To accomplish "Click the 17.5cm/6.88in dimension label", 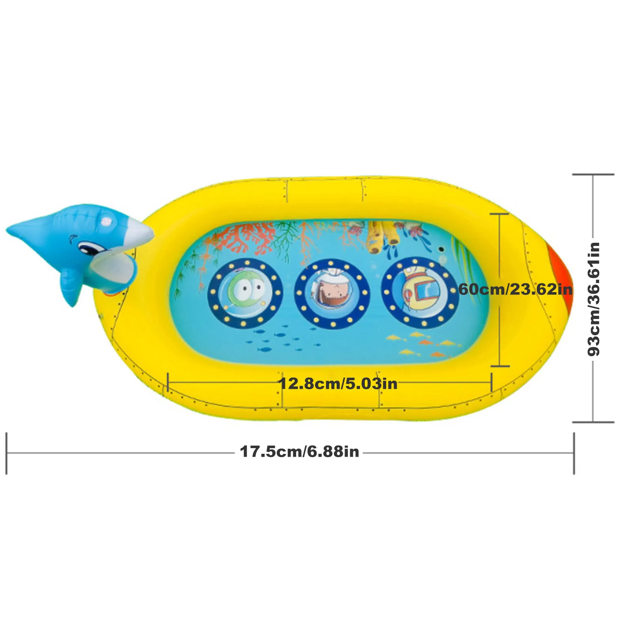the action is pyautogui.click(x=300, y=452).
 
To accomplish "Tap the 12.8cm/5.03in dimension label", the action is pyautogui.click(x=338, y=383).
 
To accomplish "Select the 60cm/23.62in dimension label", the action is pyautogui.click(x=515, y=289).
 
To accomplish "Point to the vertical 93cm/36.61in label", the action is pyautogui.click(x=594, y=299).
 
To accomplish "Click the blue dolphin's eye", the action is pyautogui.click(x=85, y=248).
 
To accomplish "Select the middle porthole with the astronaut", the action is pyautogui.click(x=332, y=293).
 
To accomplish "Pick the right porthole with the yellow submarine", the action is pyautogui.click(x=420, y=293).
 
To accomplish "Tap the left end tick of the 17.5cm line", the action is pyautogui.click(x=7, y=453).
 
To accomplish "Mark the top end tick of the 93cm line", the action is pyautogui.click(x=593, y=174).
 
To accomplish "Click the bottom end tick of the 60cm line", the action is pyautogui.click(x=500, y=366).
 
